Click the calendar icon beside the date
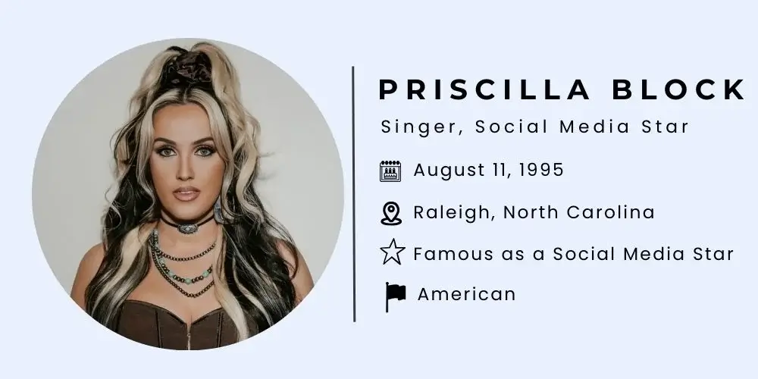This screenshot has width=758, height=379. pyautogui.click(x=390, y=171)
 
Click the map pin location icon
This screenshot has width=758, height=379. pyautogui.click(x=390, y=213)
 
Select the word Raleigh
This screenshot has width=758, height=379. pyautogui.click(x=452, y=213)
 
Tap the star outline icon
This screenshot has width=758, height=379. pyautogui.click(x=391, y=253)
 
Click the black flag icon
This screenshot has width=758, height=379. pyautogui.click(x=395, y=296)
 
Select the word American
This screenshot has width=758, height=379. pyautogui.click(x=466, y=294)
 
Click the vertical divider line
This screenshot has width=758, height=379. pyautogui.click(x=353, y=193)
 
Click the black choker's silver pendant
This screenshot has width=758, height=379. pyautogui.click(x=184, y=225)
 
